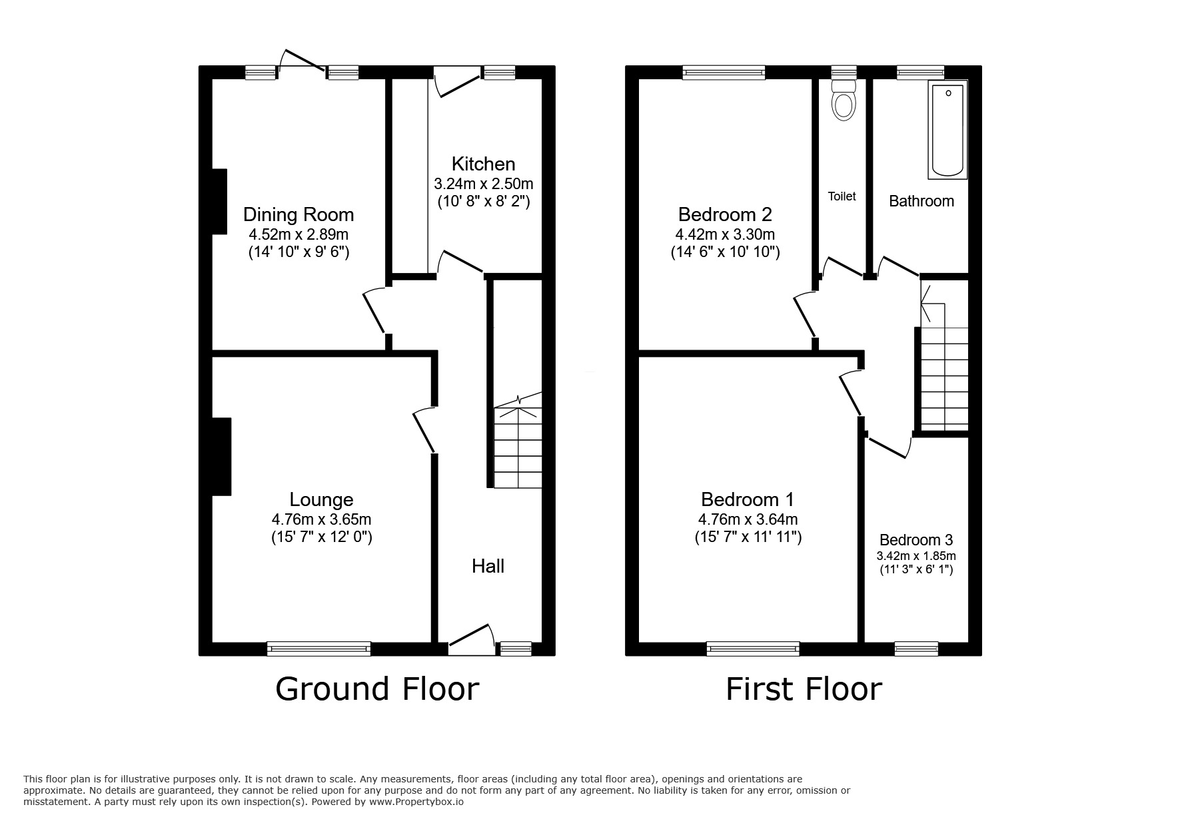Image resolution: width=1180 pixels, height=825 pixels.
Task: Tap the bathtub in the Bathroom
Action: click(947, 130)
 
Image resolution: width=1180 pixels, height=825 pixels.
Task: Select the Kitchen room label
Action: click(483, 164)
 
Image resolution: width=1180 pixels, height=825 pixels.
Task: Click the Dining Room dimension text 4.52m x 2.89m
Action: click(298, 234)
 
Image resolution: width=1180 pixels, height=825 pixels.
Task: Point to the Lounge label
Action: click(321, 499)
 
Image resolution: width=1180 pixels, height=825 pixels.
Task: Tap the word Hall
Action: click(488, 566)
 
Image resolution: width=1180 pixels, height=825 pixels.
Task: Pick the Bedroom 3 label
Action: click(916, 540)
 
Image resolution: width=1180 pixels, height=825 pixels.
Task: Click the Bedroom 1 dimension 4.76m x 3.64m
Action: click(748, 519)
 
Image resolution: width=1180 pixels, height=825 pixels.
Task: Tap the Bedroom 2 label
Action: click(725, 214)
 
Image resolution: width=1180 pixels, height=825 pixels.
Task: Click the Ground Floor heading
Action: click(377, 689)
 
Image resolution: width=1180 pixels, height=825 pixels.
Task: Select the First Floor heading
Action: click(804, 689)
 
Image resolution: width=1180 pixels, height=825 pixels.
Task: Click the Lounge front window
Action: click(318, 648)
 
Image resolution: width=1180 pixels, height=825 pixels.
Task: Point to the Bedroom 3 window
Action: click(916, 648)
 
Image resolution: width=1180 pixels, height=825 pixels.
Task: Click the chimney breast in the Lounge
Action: click(221, 456)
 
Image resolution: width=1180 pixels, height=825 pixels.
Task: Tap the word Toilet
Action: click(842, 196)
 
